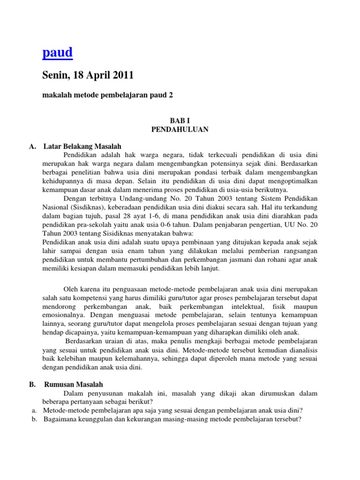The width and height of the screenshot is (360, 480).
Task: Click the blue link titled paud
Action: (57, 53)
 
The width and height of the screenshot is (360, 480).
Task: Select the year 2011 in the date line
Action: (122, 75)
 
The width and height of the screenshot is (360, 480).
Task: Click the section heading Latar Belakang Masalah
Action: (82, 146)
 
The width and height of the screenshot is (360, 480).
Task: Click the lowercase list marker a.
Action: (34, 410)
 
